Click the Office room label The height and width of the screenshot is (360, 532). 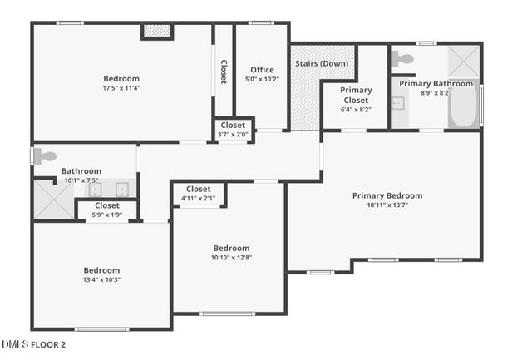click(x=262, y=70)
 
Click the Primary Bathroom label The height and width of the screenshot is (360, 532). click(x=436, y=83)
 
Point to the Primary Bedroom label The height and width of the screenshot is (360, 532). click(x=387, y=195)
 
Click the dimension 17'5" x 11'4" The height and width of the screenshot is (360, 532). click(x=121, y=88)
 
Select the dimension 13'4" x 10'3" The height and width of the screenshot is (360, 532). click(x=101, y=279)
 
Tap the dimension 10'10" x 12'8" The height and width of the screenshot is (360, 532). click(x=231, y=258)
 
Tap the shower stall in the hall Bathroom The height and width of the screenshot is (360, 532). click(x=52, y=200)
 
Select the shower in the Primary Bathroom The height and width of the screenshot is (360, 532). click(x=463, y=61)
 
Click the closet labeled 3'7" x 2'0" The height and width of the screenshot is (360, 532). click(x=233, y=130)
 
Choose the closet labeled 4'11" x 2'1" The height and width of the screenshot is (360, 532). click(x=198, y=194)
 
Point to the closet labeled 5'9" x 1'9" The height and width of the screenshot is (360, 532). click(x=106, y=210)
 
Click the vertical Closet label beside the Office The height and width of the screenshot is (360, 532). click(x=223, y=72)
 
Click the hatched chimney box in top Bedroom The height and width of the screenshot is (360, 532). click(x=156, y=31)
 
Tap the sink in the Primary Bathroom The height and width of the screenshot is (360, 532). click(x=398, y=104)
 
